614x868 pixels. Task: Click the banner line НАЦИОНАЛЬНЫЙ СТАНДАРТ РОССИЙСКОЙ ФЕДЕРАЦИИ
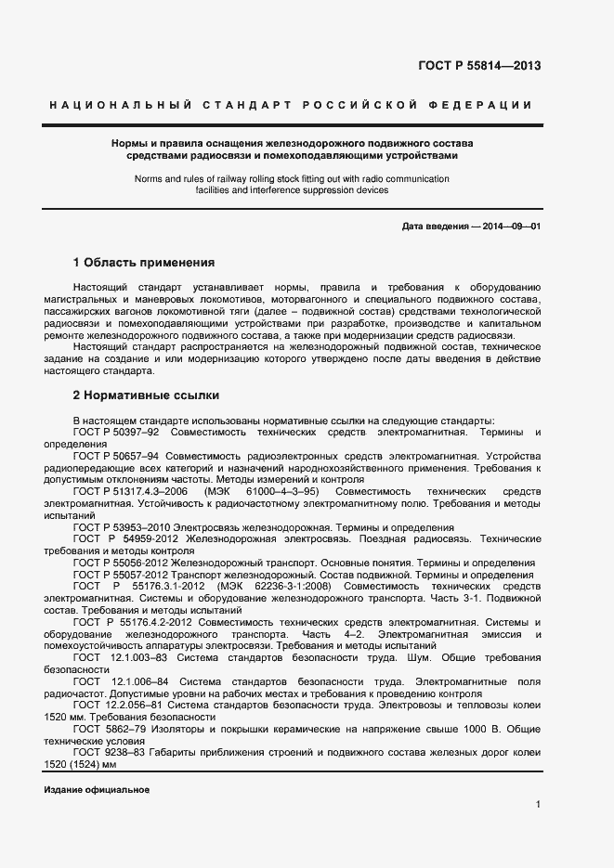291,106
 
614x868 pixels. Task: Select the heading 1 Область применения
144,263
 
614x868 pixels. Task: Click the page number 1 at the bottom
538,804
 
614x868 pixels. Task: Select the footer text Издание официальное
97,788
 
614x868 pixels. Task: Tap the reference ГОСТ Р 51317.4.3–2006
131,490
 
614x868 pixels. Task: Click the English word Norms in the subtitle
150,178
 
